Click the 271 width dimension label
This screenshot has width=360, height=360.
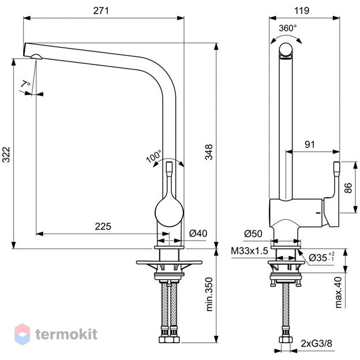(x=101, y=10)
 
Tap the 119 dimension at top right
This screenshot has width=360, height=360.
(x=302, y=10)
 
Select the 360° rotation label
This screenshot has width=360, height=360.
(x=288, y=28)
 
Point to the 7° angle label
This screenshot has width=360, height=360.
(x=25, y=84)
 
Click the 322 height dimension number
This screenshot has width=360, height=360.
(x=6, y=155)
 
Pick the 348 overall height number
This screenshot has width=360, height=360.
(x=209, y=152)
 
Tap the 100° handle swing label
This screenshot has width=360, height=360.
(x=153, y=156)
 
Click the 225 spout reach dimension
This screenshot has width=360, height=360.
(x=103, y=226)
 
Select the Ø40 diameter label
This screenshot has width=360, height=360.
(x=198, y=233)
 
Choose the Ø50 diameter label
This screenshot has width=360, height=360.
(x=253, y=234)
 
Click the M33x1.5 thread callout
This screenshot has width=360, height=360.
(x=249, y=251)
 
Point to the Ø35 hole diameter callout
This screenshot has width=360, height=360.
(x=321, y=257)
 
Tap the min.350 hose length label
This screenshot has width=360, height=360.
(x=209, y=294)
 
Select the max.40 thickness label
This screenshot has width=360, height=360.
(x=338, y=292)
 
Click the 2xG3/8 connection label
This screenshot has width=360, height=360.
(x=316, y=343)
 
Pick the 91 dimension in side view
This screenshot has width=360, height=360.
(x=310, y=144)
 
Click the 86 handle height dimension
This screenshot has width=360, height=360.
(x=348, y=188)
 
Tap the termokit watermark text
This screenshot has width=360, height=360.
(x=66, y=334)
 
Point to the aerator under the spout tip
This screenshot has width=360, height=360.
(x=36, y=57)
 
